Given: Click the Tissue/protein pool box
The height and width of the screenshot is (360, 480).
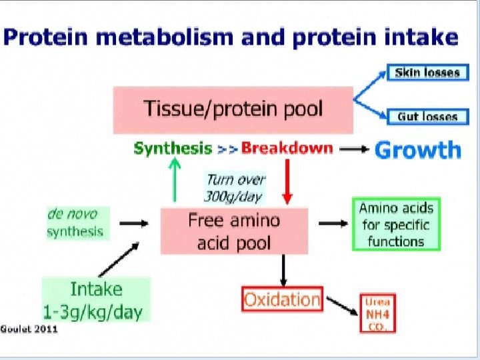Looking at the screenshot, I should tap(233, 109).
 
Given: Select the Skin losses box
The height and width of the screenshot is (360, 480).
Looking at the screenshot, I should tap(427, 73).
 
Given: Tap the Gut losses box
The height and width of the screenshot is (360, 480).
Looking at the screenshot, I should tap(427, 117).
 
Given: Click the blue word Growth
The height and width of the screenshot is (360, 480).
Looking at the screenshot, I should tap(418, 149).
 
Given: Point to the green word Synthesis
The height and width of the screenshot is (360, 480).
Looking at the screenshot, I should tap(173, 149).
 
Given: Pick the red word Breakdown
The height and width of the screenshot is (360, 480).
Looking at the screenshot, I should tap(287, 148).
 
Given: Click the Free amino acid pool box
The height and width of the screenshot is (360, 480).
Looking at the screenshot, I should tap(234, 231).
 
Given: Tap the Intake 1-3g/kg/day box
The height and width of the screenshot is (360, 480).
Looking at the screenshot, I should tap(97, 300).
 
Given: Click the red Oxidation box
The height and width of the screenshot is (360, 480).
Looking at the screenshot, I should tap(282, 299).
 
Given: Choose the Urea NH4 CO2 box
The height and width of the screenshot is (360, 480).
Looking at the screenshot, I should tap(377, 313).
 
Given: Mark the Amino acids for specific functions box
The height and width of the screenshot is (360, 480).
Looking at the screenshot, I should tap(396, 225).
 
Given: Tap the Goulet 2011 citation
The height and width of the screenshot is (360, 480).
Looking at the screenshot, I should tap(29, 330).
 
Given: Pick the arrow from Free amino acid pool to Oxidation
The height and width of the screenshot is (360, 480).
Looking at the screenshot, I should tap(283, 269).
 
